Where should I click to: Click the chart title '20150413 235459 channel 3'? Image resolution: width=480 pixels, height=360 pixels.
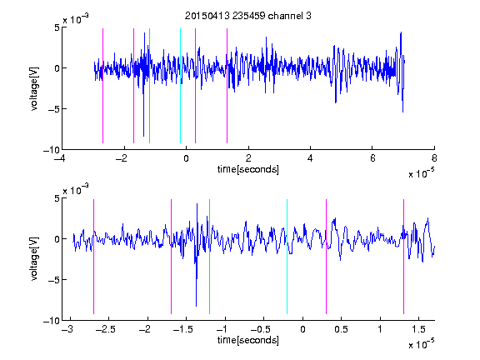tap(248, 16)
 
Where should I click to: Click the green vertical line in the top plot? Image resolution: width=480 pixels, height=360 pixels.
tap(149, 86)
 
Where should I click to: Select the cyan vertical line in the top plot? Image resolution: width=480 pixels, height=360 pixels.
tap(180, 86)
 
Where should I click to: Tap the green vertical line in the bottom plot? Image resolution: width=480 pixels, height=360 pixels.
tap(209, 257)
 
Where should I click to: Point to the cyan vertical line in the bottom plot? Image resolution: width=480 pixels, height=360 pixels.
tap(287, 257)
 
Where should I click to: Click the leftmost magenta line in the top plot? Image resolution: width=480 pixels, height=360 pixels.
tap(102, 86)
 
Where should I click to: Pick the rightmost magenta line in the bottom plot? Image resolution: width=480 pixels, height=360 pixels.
tap(403, 257)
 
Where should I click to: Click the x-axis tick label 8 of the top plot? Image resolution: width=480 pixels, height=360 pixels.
tap(434, 158)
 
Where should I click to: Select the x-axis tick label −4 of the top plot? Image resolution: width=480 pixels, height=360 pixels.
tap(59, 158)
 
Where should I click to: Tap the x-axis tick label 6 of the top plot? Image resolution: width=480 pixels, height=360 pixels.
tap(372, 158)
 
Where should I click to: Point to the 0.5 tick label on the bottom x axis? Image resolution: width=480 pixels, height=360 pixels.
tap(341, 329)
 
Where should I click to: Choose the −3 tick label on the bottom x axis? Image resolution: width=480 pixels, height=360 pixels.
tap(67, 329)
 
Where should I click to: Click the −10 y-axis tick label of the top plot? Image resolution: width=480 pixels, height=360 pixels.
tap(52, 150)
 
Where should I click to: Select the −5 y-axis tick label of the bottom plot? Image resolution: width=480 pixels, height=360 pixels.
tap(54, 280)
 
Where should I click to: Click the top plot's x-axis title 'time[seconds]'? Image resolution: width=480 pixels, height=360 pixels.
tap(248, 169)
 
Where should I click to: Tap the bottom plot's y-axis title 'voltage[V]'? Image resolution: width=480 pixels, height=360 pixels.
tap(35, 259)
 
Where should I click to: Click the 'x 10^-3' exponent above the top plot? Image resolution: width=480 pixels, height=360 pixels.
tap(76, 19)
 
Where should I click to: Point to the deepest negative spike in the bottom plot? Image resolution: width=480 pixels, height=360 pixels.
tap(196, 306)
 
